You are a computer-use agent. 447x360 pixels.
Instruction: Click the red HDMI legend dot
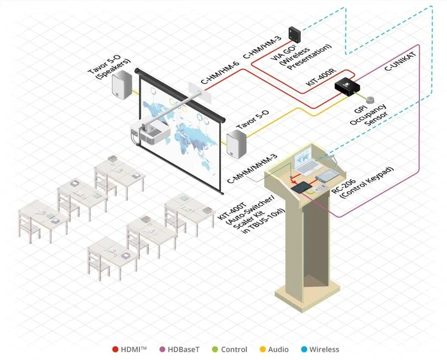click(x=115, y=349)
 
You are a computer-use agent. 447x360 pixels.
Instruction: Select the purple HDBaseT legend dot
click(x=163, y=349)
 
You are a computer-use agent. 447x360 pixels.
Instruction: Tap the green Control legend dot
click(x=215, y=349)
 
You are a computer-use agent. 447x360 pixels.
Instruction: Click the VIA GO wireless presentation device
click(x=297, y=33)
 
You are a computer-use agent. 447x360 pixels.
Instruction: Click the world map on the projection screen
click(x=182, y=128)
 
